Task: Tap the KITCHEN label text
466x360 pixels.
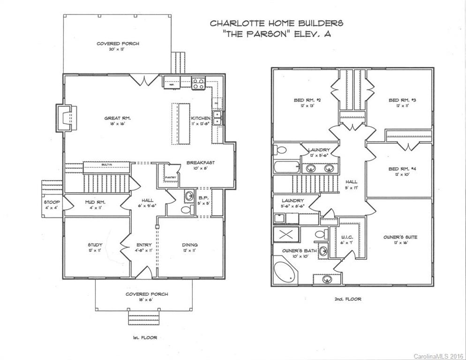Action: pos(200,118)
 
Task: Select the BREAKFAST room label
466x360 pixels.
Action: pos(201,162)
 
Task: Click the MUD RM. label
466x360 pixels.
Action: pos(95,202)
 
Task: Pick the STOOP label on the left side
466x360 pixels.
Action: pos(50,202)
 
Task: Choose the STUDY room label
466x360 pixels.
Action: pos(95,245)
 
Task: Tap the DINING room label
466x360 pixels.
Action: pos(190,245)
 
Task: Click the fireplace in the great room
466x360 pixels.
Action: pos(65,117)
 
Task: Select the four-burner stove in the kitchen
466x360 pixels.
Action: pos(198,83)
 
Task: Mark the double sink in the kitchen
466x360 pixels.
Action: pos(218,118)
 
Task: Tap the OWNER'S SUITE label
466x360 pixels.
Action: pos(400,237)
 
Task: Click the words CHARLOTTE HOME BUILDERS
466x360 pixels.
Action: pos(277,22)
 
